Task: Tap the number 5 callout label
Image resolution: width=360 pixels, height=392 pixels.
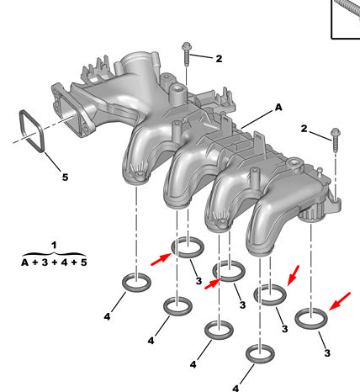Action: [65, 177]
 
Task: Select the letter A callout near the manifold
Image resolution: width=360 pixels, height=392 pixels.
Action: [278, 107]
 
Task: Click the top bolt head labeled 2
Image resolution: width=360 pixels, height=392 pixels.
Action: [186, 46]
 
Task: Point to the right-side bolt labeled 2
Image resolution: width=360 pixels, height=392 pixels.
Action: [336, 140]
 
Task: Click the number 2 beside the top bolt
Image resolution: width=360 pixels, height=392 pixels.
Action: [219, 59]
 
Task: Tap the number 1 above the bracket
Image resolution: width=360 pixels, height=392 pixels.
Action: [54, 245]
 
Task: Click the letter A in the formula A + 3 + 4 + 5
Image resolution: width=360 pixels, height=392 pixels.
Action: [25, 262]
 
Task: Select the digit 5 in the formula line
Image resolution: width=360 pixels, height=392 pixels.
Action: [83, 262]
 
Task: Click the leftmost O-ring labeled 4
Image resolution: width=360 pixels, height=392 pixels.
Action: [124, 283]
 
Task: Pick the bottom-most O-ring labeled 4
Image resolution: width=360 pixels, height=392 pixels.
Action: [246, 354]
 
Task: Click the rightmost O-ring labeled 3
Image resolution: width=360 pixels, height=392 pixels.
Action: [296, 319]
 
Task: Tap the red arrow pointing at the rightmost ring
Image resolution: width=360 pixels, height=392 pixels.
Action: [340, 301]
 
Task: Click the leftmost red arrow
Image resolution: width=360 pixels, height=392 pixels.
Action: [161, 259]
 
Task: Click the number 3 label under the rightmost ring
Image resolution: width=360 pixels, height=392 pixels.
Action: [327, 353]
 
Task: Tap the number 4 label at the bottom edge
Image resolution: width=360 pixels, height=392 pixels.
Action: [236, 389]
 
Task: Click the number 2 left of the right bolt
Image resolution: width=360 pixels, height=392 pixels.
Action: [304, 129]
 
